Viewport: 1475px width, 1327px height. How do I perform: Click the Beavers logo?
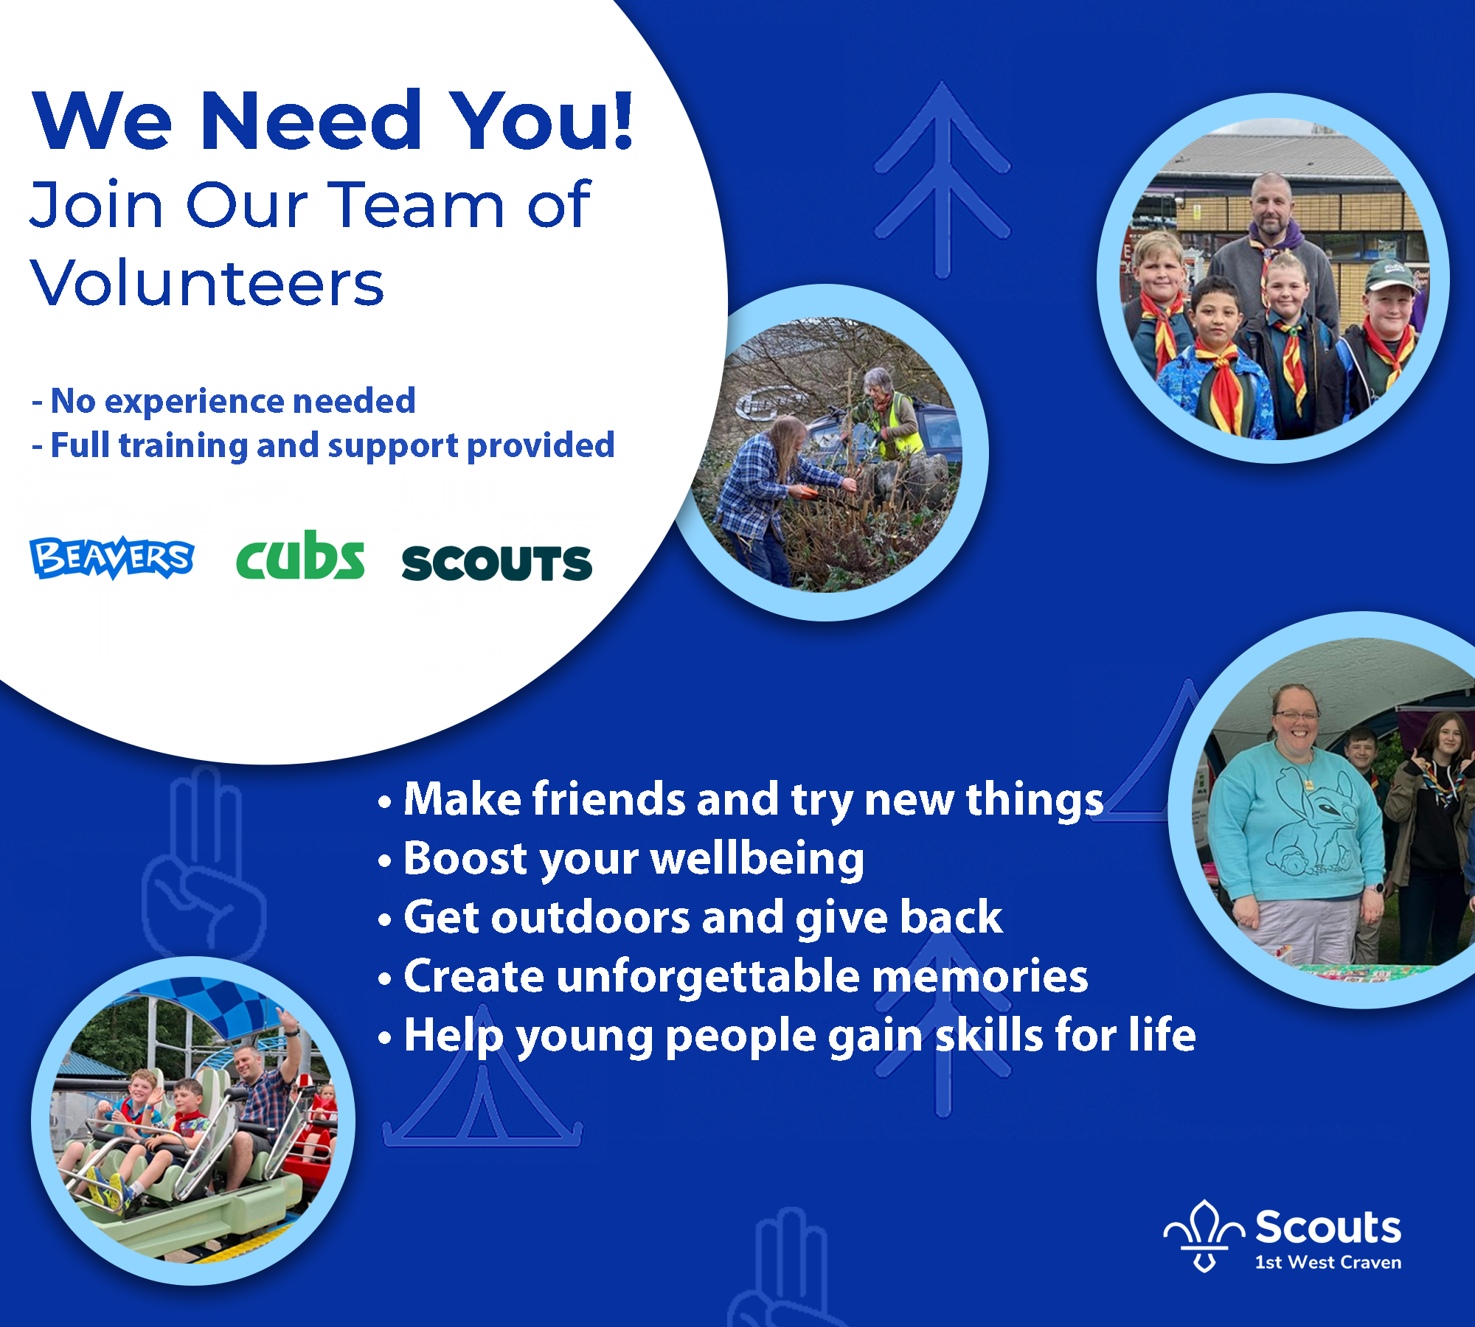click(112, 557)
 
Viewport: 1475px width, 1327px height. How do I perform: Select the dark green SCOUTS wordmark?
click(497, 563)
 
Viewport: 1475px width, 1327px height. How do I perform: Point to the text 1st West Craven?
click(1328, 1262)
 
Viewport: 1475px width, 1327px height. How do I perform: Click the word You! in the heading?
click(542, 119)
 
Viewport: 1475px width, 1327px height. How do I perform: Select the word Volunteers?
click(207, 283)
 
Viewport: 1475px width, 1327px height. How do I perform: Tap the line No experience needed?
click(224, 401)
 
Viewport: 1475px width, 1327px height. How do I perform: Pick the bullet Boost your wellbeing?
click(621, 860)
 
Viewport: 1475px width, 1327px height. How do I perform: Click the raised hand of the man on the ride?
click(284, 1020)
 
